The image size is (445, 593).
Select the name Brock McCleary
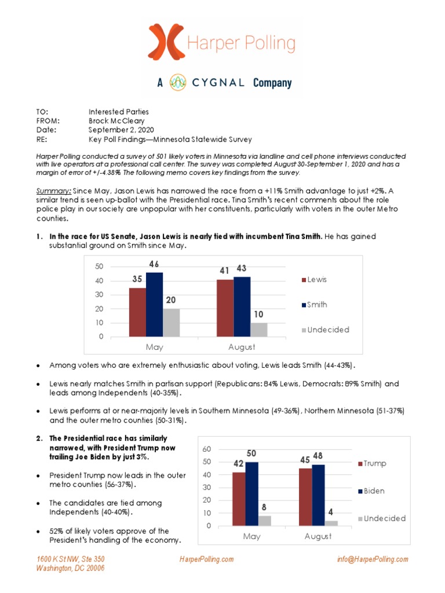116,121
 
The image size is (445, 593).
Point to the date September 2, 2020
121,130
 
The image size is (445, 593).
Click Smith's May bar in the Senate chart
154,304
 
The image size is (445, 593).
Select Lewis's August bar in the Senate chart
225,308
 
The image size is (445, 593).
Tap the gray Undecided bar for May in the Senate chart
172,322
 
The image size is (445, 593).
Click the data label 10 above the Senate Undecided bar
258,314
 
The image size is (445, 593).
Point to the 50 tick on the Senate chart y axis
99,266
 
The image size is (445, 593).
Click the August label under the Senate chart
241,347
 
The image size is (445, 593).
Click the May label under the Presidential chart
251,537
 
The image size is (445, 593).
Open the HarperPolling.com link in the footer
207,559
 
